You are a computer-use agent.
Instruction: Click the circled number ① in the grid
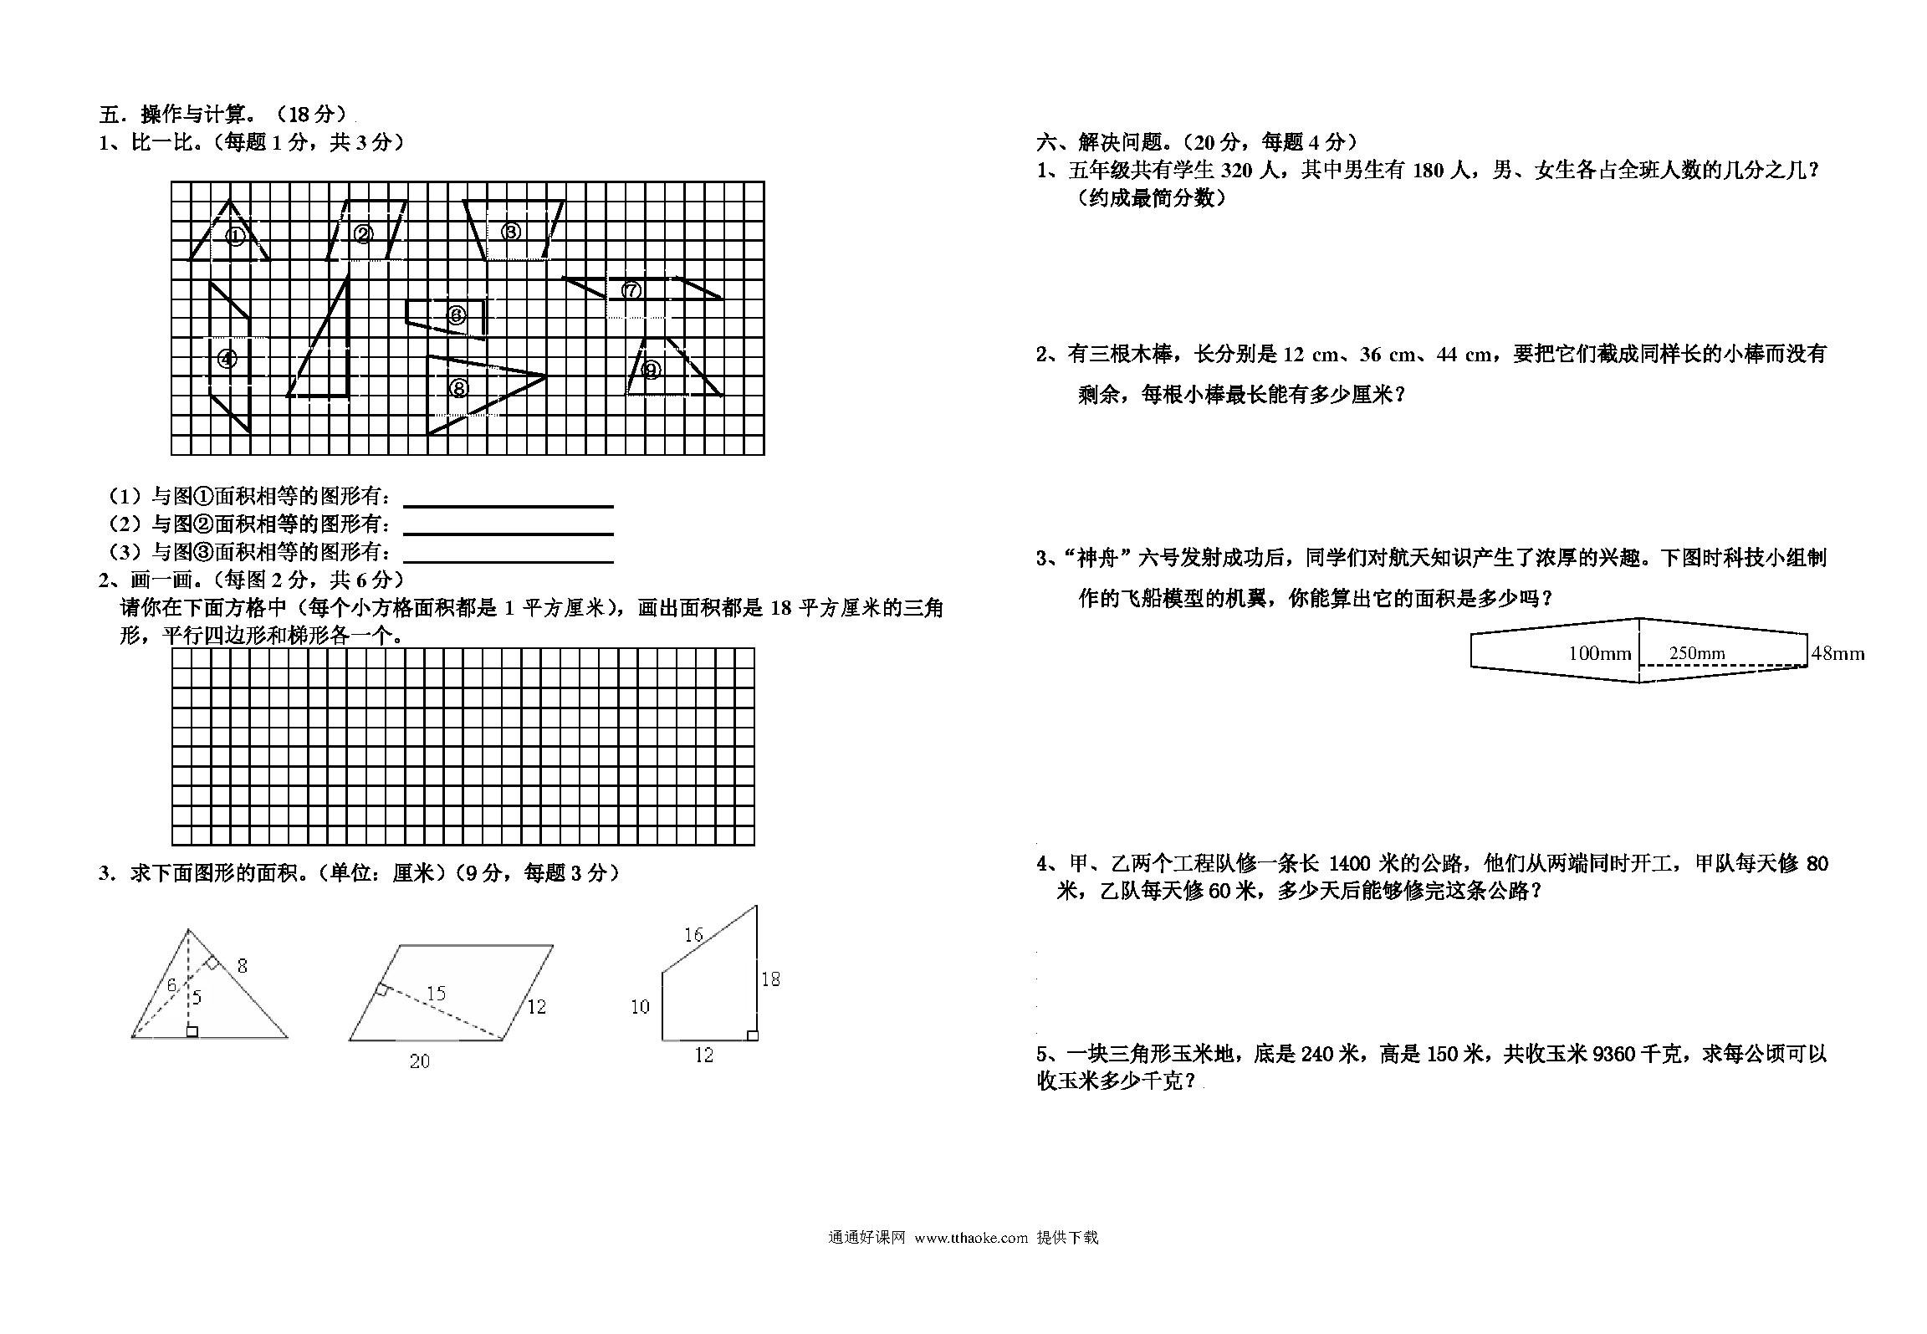pyautogui.click(x=236, y=236)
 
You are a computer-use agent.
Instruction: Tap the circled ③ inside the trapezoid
pyautogui.click(x=511, y=232)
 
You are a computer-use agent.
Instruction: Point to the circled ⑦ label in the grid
pyautogui.click(x=631, y=290)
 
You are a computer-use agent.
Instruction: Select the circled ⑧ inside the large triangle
pyautogui.click(x=458, y=387)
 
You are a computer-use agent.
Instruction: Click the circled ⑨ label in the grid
pyautogui.click(x=652, y=369)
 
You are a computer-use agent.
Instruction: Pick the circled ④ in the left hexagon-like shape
pyautogui.click(x=227, y=359)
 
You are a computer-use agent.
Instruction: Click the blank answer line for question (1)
pyautogui.click(x=509, y=506)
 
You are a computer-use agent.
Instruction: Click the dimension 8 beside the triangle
pyautogui.click(x=243, y=966)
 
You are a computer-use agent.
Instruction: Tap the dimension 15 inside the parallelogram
pyautogui.click(x=436, y=993)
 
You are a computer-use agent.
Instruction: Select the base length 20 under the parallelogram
pyautogui.click(x=420, y=1061)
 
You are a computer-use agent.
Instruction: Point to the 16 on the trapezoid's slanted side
pyautogui.click(x=693, y=934)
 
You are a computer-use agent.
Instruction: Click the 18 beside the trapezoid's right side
pyautogui.click(x=770, y=979)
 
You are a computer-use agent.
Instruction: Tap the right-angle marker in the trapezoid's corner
pyautogui.click(x=752, y=1035)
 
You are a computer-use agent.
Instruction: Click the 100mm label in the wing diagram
pyautogui.click(x=1600, y=653)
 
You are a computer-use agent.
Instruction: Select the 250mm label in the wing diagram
pyautogui.click(x=1697, y=653)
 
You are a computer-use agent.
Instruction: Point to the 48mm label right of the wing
pyautogui.click(x=1838, y=653)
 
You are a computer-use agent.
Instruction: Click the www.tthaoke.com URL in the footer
pyautogui.click(x=971, y=1238)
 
